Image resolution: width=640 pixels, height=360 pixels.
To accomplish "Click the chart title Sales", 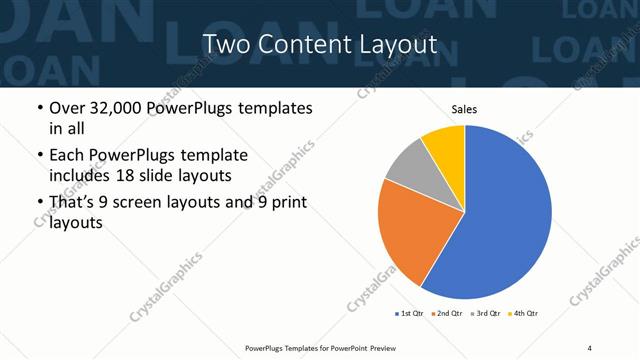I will click(463, 108).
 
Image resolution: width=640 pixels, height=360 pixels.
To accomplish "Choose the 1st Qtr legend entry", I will click(410, 314).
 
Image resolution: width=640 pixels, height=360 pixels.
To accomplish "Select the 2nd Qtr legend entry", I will click(447, 314).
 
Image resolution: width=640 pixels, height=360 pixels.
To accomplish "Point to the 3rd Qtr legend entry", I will click(485, 314).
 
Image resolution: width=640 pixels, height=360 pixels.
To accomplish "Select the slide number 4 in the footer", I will click(590, 348).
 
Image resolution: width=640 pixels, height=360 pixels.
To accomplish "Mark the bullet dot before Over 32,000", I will click(38, 108).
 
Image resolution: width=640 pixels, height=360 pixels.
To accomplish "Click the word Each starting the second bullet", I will click(67, 155).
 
